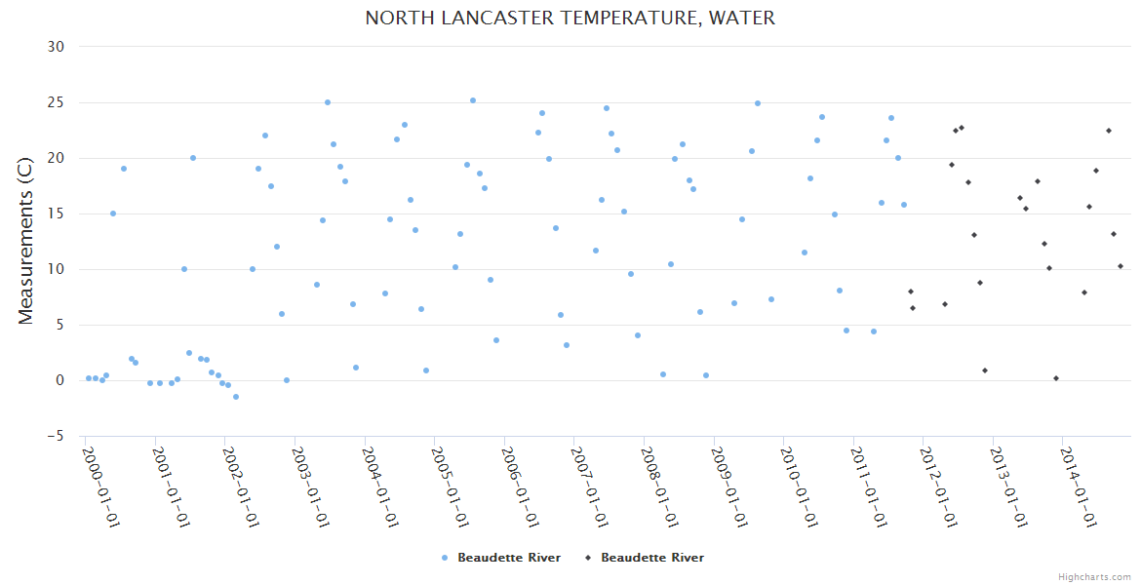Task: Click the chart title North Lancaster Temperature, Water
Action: (x=570, y=18)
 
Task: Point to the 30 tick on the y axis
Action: (x=56, y=47)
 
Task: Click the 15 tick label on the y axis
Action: (x=56, y=214)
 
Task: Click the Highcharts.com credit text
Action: (x=1094, y=576)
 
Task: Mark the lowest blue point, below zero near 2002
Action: (x=236, y=397)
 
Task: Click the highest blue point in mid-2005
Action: (x=473, y=100)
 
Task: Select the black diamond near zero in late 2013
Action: (x=1056, y=378)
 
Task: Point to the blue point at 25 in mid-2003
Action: (x=328, y=102)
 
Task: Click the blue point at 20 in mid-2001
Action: (x=193, y=158)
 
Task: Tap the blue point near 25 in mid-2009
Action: (x=758, y=103)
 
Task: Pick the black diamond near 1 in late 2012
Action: (x=985, y=370)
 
